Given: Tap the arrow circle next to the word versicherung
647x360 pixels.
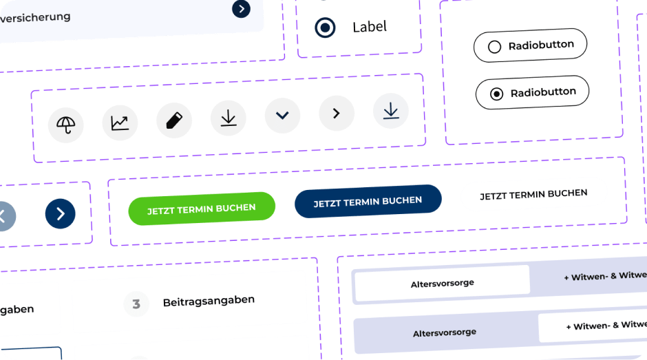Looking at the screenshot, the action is pyautogui.click(x=241, y=8).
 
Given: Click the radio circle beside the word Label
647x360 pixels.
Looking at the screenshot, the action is pyautogui.click(x=325, y=28).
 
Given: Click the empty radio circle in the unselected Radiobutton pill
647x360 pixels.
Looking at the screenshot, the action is pyautogui.click(x=494, y=47).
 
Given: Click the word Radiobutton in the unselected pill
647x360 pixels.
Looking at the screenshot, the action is pyautogui.click(x=541, y=46).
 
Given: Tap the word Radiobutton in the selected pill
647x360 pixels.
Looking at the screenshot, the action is pyautogui.click(x=543, y=92).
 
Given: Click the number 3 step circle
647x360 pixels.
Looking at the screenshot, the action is pyautogui.click(x=136, y=304).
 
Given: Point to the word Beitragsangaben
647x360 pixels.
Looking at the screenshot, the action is pyautogui.click(x=209, y=301).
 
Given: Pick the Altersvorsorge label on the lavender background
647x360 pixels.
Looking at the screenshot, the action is pyautogui.click(x=445, y=332).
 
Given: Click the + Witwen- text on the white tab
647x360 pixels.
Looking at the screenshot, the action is pyautogui.click(x=596, y=325).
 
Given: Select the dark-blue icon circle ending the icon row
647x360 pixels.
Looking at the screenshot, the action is pyautogui.click(x=391, y=110).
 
